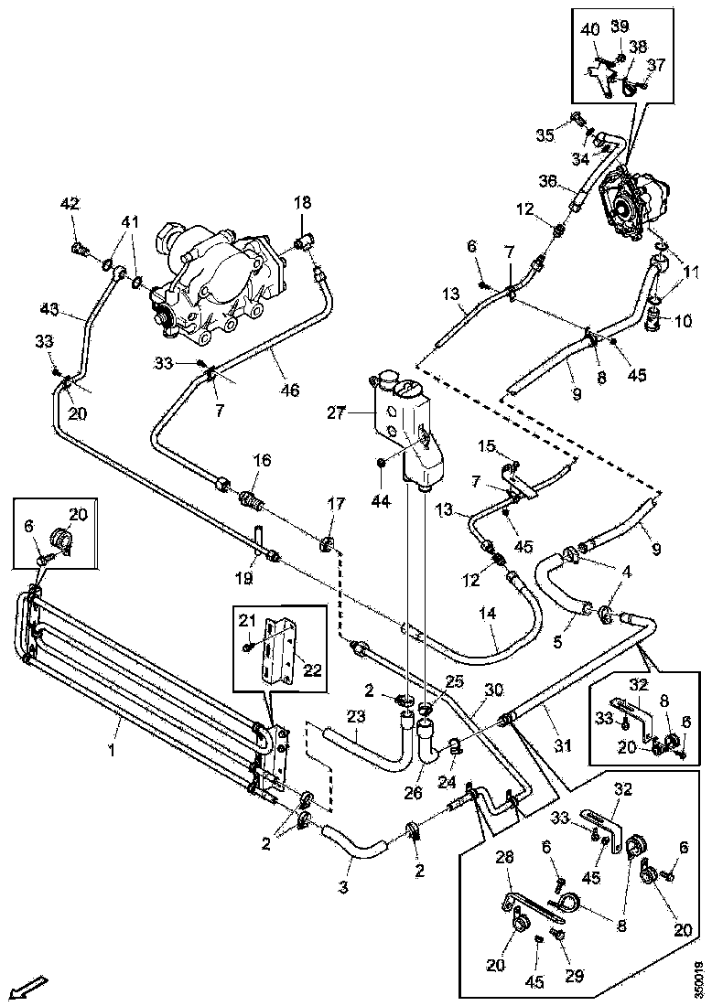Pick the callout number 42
70,203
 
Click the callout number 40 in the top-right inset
589,28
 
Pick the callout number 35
545,135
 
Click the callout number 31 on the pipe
562,746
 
